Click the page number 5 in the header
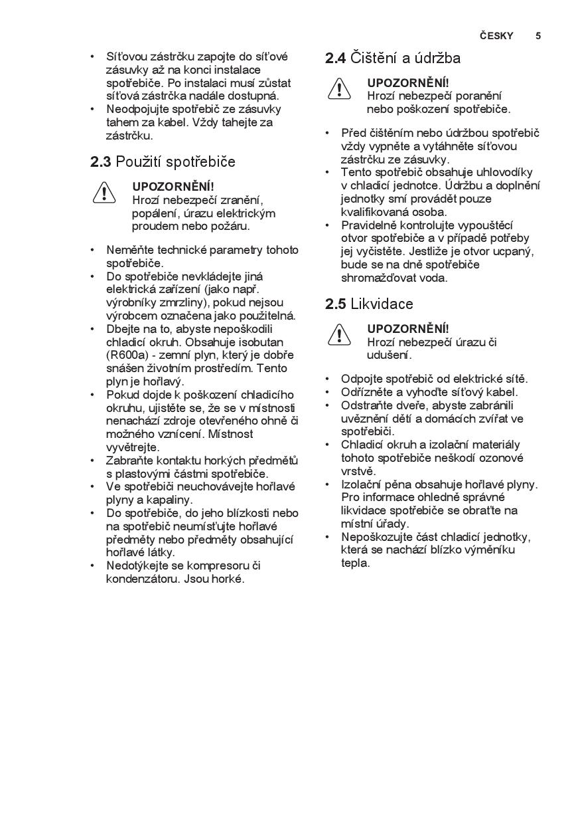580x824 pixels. click(538, 36)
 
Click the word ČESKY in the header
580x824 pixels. click(496, 36)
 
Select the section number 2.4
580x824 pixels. click(335, 58)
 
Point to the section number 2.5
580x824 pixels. click(335, 304)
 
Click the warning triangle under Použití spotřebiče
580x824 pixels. click(104, 193)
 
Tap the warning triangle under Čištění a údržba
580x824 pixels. click(339, 89)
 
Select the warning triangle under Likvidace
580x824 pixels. click(339, 335)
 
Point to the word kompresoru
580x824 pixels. click(216, 566)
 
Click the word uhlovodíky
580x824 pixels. click(503, 172)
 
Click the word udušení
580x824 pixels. click(389, 356)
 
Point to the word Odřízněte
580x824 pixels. click(370, 392)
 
